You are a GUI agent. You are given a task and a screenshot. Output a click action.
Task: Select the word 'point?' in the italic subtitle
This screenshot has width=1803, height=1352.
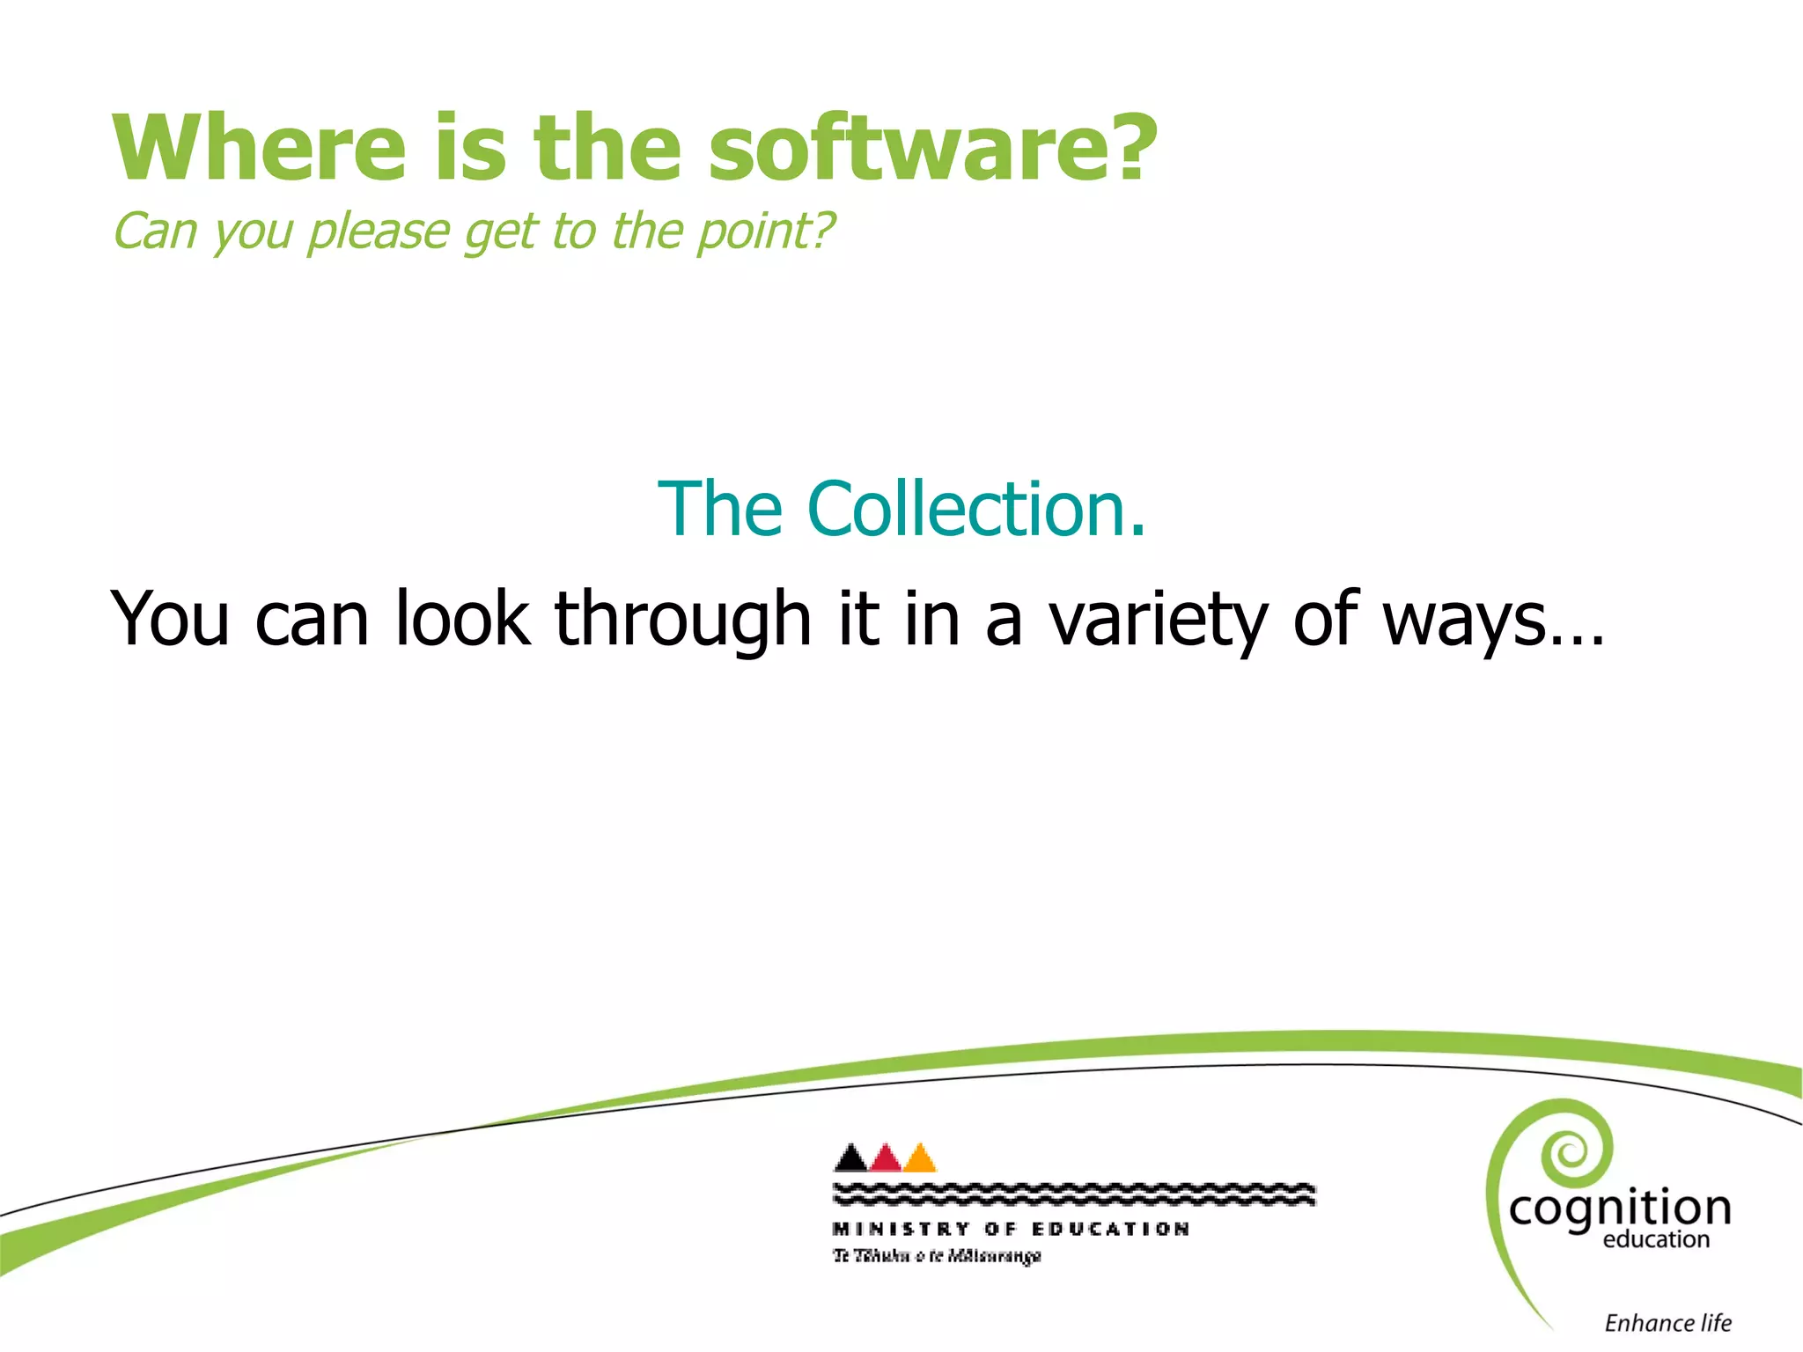[x=764, y=232]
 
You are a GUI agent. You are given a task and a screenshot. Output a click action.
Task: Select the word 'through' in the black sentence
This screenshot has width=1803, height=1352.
[x=682, y=619]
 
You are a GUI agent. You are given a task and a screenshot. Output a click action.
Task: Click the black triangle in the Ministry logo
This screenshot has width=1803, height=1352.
[x=850, y=1159]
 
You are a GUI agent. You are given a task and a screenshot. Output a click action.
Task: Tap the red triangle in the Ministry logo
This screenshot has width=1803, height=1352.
[x=886, y=1159]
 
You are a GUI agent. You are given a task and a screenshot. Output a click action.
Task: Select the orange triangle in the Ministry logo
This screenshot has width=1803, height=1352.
[x=920, y=1159]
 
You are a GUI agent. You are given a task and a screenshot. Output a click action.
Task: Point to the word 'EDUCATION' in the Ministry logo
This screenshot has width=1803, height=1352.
[x=1111, y=1229]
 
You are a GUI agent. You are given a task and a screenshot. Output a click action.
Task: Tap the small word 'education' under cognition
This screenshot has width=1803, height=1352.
[x=1656, y=1240]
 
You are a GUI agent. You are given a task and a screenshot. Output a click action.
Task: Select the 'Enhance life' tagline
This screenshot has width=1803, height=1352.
[x=1667, y=1323]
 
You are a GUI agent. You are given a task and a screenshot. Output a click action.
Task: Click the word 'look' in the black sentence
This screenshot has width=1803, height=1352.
[x=462, y=619]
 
